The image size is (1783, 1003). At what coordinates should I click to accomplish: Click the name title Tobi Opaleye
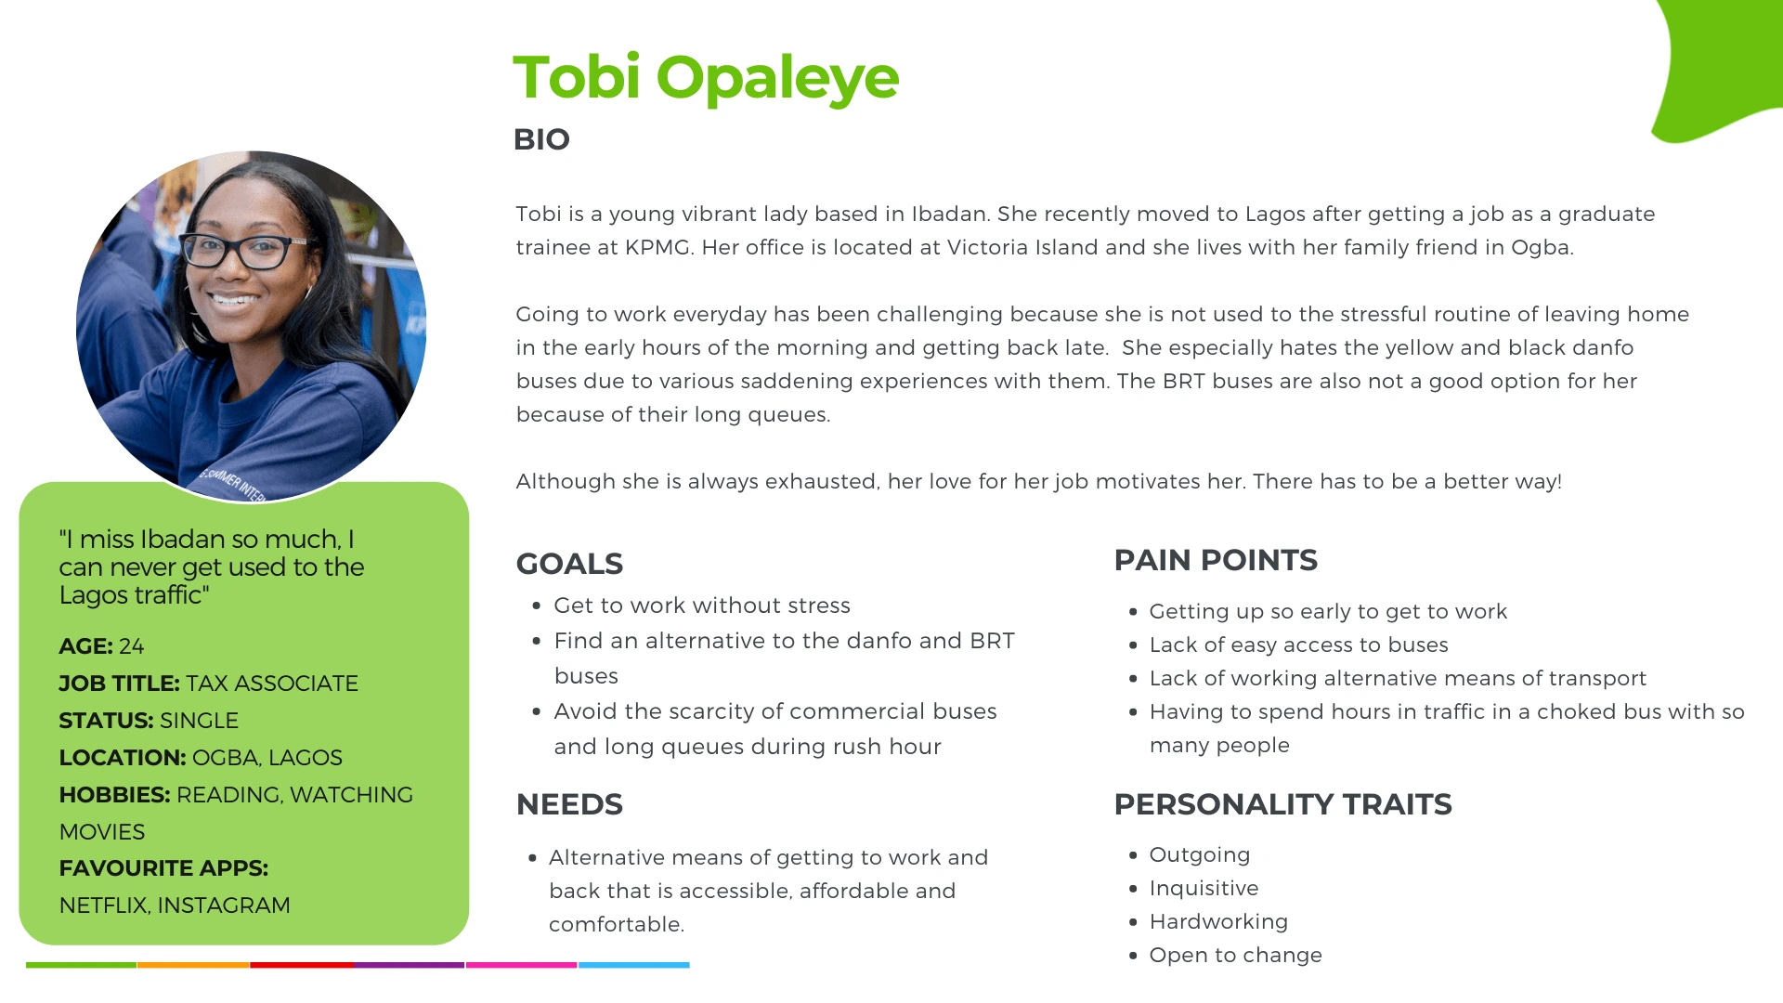pos(706,78)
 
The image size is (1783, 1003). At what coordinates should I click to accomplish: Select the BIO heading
pos(541,139)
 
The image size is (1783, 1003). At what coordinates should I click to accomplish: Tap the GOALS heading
pos(569,564)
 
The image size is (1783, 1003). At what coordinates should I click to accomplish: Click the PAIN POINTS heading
pos(1216,560)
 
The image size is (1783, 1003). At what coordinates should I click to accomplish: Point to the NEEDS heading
pos(569,804)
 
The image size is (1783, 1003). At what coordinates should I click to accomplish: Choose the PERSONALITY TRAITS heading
pos(1282,804)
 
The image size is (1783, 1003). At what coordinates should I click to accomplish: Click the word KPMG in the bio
pos(657,248)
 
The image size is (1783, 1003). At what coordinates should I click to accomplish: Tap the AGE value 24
pos(132,646)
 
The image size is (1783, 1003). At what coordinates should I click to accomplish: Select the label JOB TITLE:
pos(119,684)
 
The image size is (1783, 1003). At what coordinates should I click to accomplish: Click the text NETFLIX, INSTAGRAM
pos(175,905)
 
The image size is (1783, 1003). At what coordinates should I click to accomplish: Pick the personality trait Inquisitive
pos(1204,889)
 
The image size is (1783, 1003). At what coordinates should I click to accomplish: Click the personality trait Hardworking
pos(1218,922)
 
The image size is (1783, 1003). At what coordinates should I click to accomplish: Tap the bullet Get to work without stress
pos(702,606)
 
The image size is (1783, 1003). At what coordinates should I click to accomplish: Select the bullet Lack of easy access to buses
pos(1298,645)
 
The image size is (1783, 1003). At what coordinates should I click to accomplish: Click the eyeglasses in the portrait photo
pos(244,249)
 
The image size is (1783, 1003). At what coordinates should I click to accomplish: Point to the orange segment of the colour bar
pos(193,965)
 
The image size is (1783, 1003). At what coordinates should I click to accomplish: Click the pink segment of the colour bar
pos(521,965)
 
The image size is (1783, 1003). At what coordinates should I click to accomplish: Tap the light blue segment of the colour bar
pos(634,965)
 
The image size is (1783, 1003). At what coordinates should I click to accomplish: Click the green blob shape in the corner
pos(1718,65)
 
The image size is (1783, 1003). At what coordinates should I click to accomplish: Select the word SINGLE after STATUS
pos(199,721)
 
